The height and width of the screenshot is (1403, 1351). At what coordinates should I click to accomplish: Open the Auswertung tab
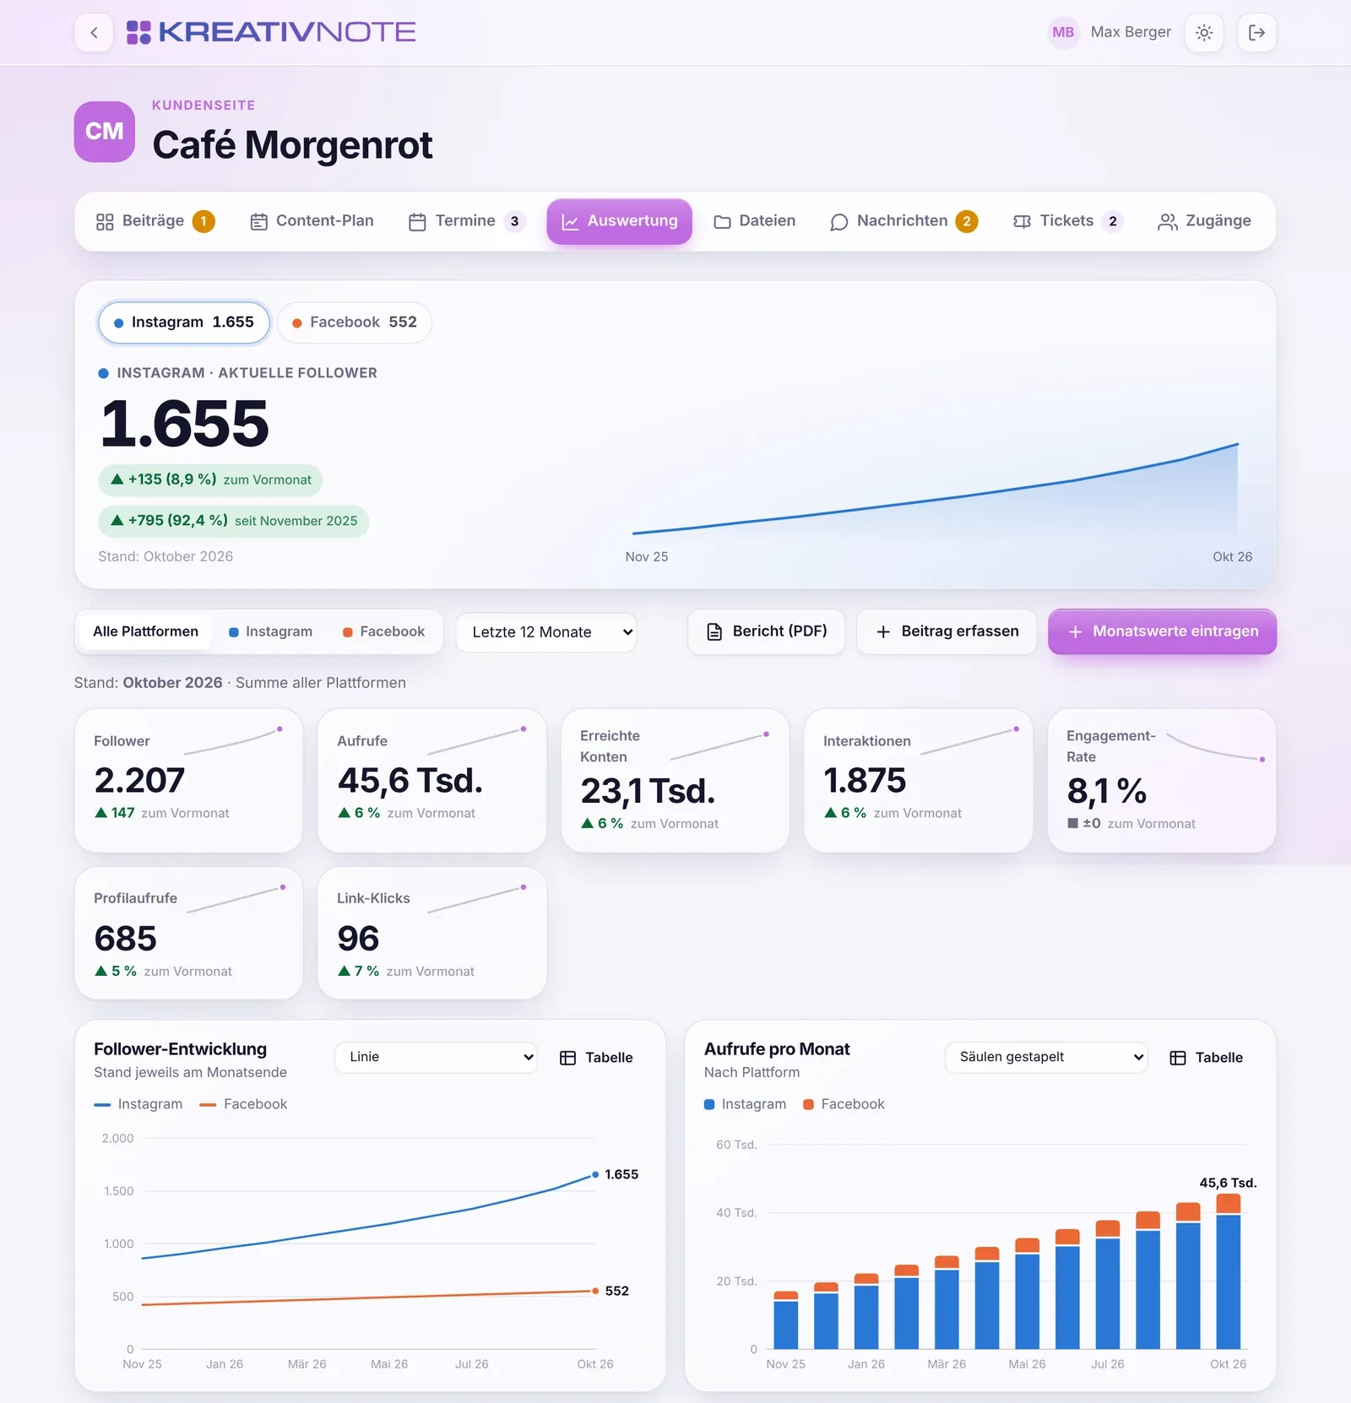619,221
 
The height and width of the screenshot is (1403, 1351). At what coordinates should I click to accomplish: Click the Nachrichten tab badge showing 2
967,221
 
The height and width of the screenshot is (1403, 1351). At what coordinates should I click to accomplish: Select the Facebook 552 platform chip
355,322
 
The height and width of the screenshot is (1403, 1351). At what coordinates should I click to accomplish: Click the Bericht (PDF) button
766,631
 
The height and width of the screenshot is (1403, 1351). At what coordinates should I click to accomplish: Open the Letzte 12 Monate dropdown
546,632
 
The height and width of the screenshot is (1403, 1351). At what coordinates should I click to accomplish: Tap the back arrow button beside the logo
94,33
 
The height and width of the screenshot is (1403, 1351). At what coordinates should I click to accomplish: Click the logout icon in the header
1256,33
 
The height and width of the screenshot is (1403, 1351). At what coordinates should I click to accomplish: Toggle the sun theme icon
1204,33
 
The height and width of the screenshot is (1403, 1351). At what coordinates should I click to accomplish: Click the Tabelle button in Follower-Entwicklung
596,1058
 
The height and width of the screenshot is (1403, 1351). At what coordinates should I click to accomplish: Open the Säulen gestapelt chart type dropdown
1046,1057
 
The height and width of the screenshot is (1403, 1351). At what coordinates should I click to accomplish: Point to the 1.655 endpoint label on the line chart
621,1174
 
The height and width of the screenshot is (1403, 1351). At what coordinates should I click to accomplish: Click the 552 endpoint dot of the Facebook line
595,1291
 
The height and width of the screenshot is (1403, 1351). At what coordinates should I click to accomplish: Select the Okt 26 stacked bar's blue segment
1229,1281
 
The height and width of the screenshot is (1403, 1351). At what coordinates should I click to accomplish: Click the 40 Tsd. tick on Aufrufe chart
736,1213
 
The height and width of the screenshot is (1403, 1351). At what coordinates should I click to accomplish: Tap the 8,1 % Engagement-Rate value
1107,791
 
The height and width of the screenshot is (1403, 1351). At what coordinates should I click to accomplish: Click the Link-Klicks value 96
358,939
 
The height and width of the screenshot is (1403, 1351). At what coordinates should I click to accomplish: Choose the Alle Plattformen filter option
145,631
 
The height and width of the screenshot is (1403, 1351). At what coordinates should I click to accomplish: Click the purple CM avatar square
105,132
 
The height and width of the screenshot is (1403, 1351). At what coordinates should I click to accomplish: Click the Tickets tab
1067,221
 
